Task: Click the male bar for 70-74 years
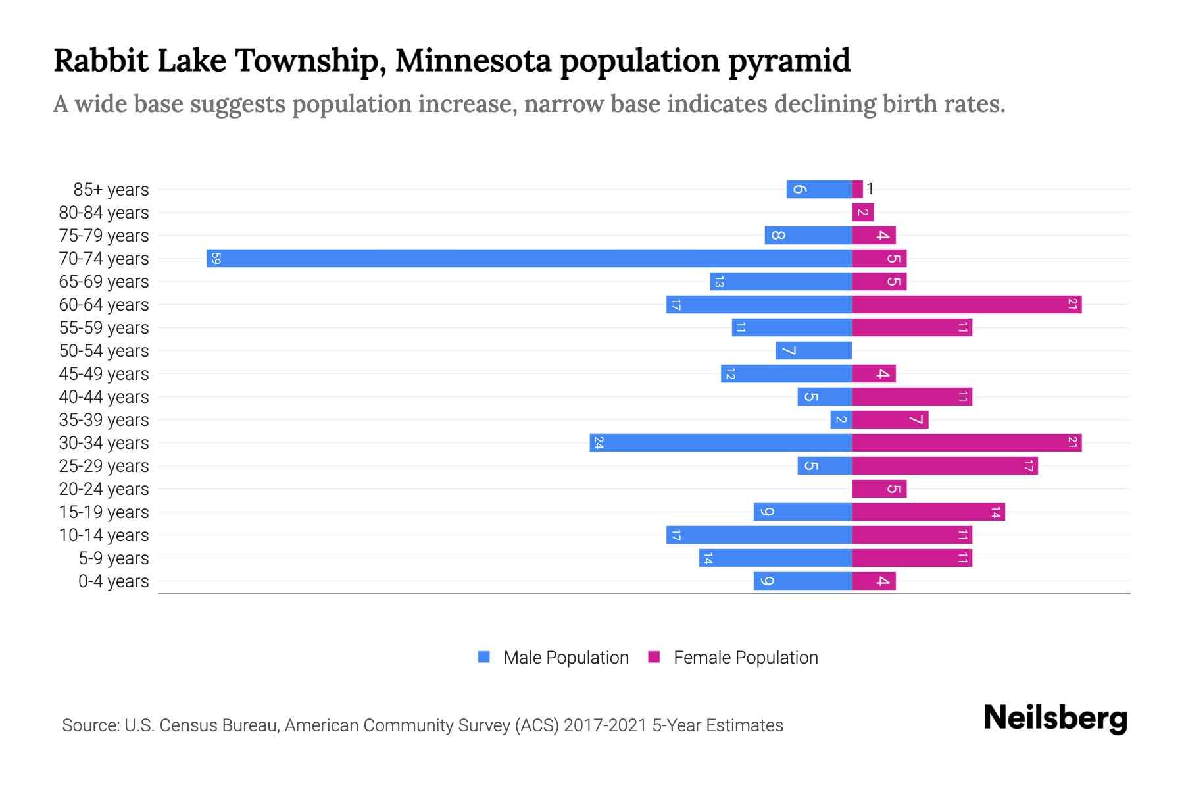(x=529, y=259)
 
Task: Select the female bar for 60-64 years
(x=966, y=305)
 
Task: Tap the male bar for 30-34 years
(x=720, y=443)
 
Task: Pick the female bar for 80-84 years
(x=862, y=213)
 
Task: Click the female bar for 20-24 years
(x=879, y=489)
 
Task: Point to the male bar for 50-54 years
(x=814, y=351)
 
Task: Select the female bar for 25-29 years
(x=945, y=466)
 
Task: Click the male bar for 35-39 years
(x=841, y=420)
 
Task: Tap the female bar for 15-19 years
(x=928, y=512)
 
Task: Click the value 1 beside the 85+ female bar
(x=870, y=190)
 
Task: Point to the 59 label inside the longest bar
(x=216, y=259)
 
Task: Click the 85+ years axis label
(x=111, y=190)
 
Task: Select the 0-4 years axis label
(x=113, y=581)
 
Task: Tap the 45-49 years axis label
(x=104, y=374)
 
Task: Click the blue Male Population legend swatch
(x=484, y=657)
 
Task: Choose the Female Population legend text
(x=745, y=658)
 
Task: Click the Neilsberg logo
(x=1055, y=718)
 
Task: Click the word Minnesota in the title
(x=472, y=61)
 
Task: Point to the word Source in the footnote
(x=90, y=725)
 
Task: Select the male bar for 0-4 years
(x=802, y=581)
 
